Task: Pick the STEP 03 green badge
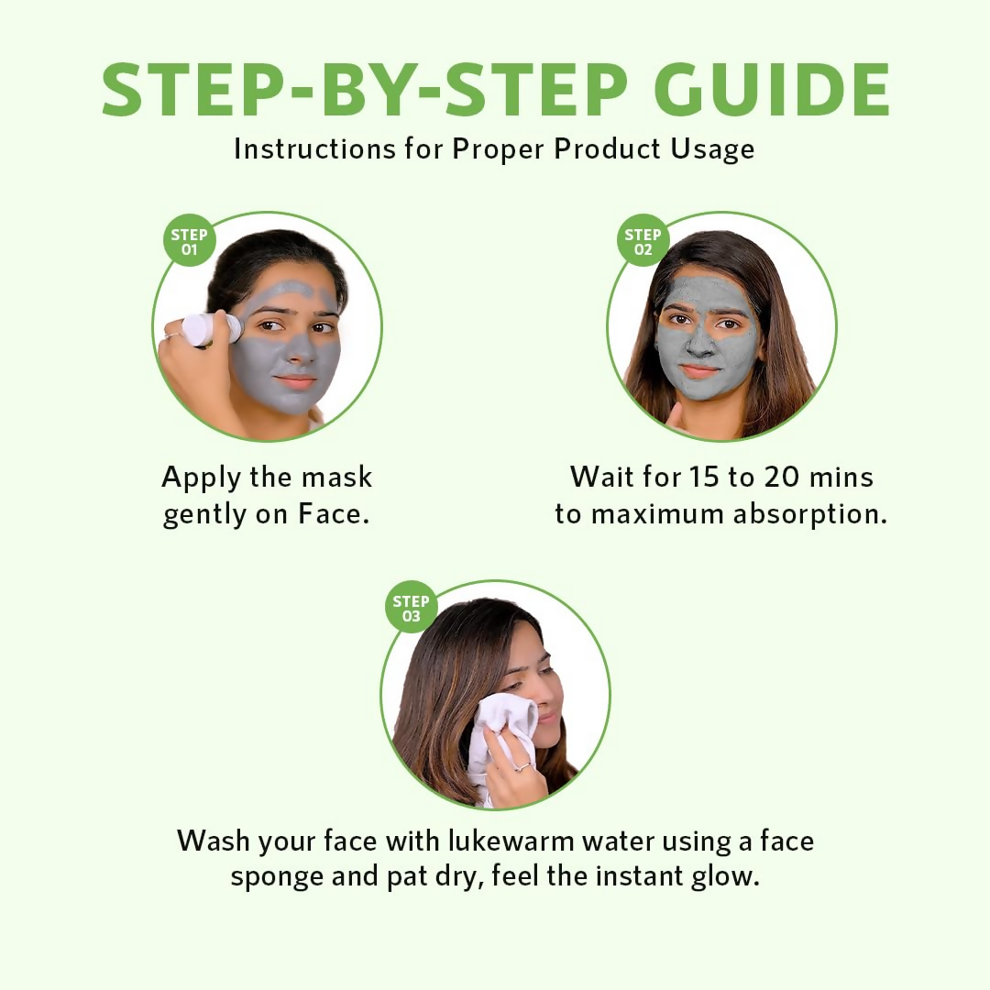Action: pyautogui.click(x=411, y=609)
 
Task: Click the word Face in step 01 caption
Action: pyautogui.click(x=333, y=513)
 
